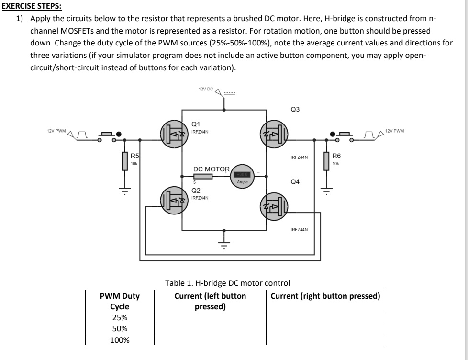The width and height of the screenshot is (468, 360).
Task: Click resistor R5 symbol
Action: coord(125,161)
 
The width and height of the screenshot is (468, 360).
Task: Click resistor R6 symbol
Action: coord(327,161)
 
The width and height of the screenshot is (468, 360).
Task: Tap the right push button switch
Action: coord(344,135)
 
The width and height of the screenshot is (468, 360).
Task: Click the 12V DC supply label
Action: coord(205,89)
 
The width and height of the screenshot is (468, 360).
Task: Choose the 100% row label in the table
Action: coord(120,340)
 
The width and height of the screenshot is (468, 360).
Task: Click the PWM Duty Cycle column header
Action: coord(120,301)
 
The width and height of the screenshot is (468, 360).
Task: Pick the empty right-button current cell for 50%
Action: coord(325,329)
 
